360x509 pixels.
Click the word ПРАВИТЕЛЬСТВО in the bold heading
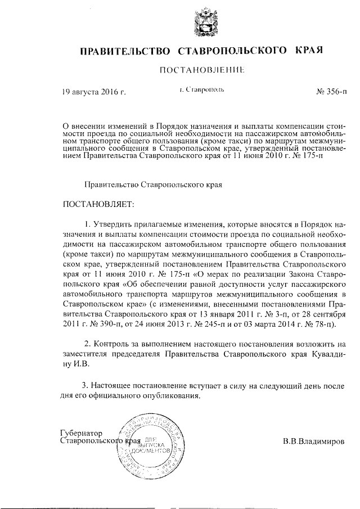tap(125, 52)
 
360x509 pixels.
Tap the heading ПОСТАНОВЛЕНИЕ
tap(201, 71)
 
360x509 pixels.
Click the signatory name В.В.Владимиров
tap(315, 442)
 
